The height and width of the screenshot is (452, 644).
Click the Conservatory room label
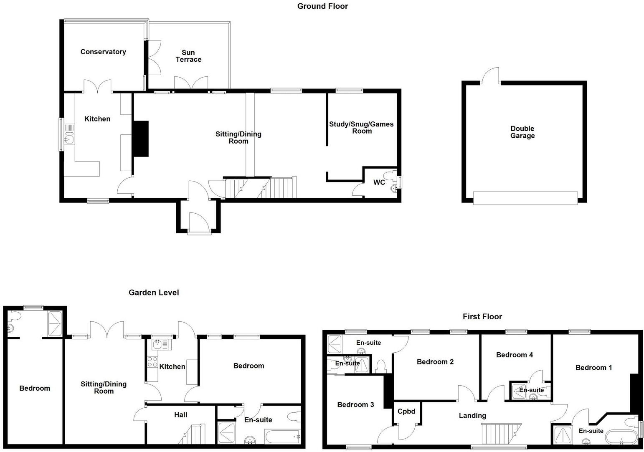(103, 52)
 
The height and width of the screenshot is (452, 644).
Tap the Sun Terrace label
(188, 56)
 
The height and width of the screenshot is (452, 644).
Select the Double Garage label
(522, 132)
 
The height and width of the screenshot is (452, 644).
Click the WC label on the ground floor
(379, 182)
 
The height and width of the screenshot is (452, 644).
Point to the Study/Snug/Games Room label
(361, 127)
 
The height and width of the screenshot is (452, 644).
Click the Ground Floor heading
(322, 6)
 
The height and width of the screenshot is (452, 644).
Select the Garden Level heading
(154, 293)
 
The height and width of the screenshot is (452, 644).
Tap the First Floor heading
(482, 317)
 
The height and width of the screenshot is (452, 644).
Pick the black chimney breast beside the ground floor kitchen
(141, 139)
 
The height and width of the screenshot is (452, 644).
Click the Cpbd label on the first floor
(406, 412)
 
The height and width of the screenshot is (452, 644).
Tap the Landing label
(472, 416)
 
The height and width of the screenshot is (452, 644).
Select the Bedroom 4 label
(514, 355)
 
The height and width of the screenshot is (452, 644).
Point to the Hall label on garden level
(180, 415)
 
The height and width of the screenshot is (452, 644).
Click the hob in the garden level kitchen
(152, 361)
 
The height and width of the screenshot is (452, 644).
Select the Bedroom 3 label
(355, 405)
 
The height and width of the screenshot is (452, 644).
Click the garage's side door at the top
(491, 76)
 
